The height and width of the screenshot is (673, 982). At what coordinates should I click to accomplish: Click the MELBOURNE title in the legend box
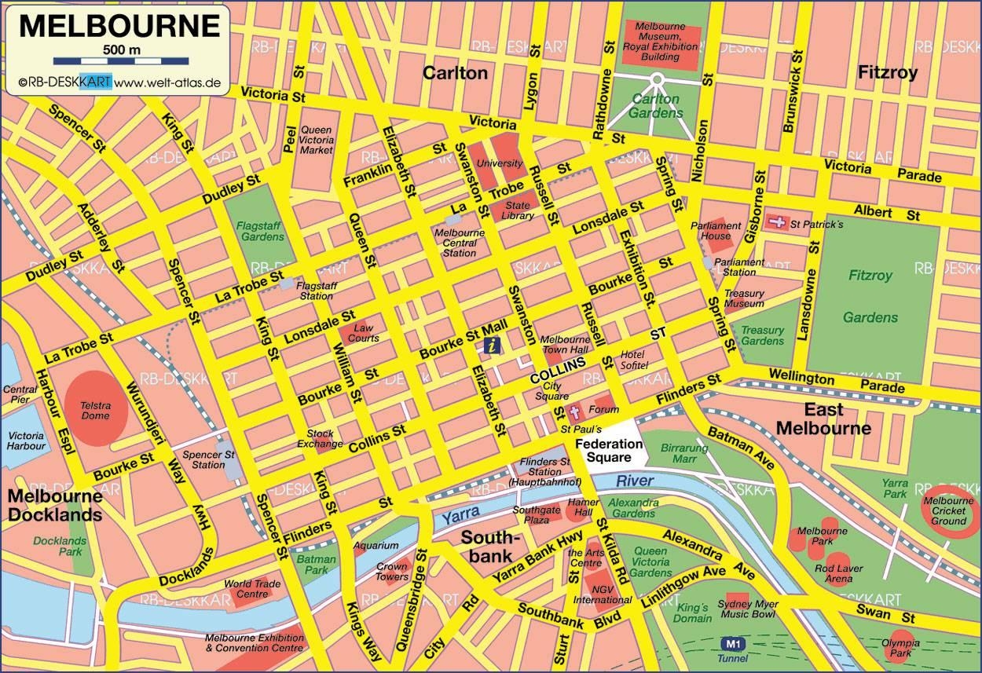click(x=119, y=25)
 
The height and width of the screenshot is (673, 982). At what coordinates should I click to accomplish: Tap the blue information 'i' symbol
click(x=492, y=344)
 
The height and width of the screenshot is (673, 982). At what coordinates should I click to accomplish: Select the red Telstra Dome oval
click(x=96, y=405)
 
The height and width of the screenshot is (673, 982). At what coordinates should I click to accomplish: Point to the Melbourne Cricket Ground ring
click(x=949, y=510)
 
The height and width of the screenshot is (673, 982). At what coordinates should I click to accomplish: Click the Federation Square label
click(x=609, y=450)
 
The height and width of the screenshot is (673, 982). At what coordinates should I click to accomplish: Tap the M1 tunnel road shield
click(x=732, y=643)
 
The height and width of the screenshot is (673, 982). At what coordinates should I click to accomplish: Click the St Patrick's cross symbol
click(x=777, y=222)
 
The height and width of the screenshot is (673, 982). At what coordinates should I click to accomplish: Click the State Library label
click(x=519, y=210)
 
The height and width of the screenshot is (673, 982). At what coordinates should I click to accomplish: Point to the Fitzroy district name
click(x=888, y=73)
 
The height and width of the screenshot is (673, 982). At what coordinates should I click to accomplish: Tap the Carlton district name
click(x=455, y=73)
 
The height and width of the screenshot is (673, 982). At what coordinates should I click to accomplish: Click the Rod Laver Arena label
click(x=838, y=573)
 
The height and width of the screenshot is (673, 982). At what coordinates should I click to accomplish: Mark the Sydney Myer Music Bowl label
click(x=749, y=609)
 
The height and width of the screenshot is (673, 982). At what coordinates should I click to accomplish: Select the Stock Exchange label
click(x=320, y=438)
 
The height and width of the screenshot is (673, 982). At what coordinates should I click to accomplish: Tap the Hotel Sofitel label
click(x=633, y=360)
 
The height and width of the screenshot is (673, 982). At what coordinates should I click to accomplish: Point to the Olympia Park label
click(x=900, y=648)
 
